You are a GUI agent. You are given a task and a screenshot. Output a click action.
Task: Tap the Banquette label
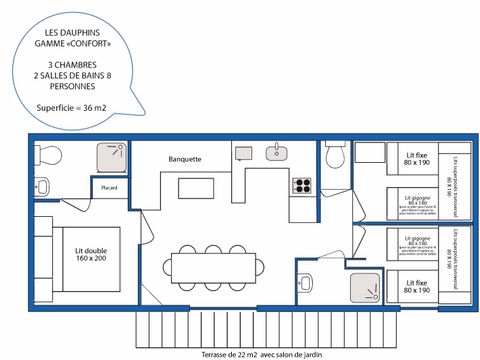(186, 159)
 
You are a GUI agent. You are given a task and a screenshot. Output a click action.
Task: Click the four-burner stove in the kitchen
(302, 186)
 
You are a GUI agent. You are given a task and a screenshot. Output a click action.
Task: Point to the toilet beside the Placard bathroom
(42, 186)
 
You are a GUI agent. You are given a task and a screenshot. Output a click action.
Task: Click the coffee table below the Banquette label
(196, 188)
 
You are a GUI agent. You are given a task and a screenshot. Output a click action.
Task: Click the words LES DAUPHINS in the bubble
(74, 35)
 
